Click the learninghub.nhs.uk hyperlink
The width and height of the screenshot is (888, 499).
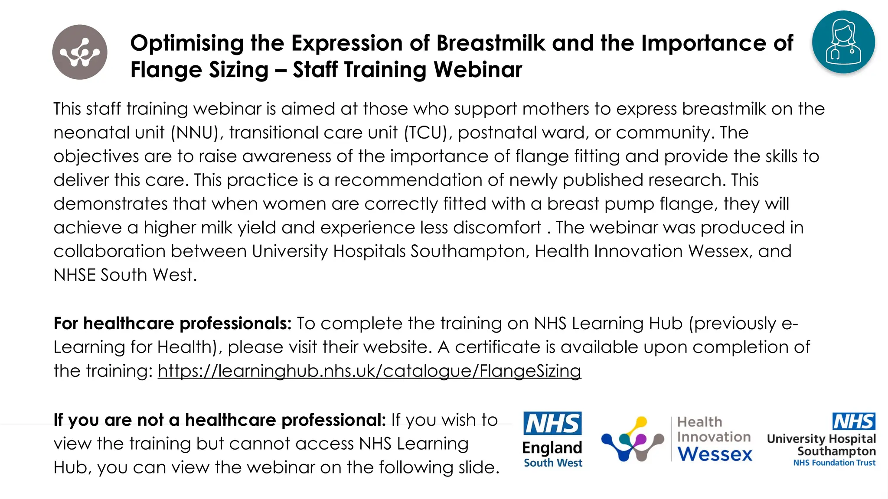(x=369, y=371)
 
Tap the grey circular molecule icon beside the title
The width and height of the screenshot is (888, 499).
(x=80, y=52)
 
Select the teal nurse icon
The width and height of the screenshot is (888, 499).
(x=843, y=42)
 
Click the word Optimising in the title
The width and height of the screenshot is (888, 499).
(x=187, y=43)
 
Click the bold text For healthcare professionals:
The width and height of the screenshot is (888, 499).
(x=173, y=324)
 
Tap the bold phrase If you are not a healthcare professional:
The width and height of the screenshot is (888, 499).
(x=219, y=420)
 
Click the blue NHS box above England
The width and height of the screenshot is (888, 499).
(x=553, y=423)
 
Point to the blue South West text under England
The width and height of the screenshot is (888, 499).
(x=553, y=463)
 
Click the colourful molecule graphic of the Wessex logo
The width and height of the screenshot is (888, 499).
(x=633, y=439)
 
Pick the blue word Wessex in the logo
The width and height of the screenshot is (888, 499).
(x=715, y=454)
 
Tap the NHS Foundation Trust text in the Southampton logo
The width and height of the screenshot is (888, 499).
(x=834, y=463)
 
